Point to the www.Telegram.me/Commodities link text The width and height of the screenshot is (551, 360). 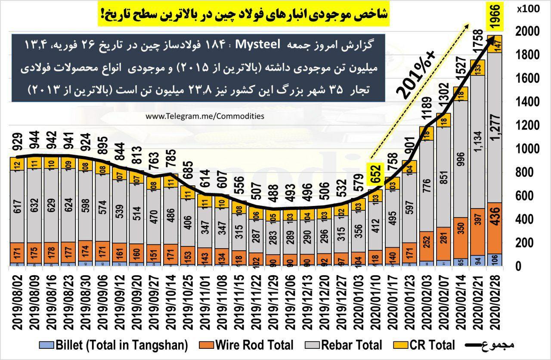205,116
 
